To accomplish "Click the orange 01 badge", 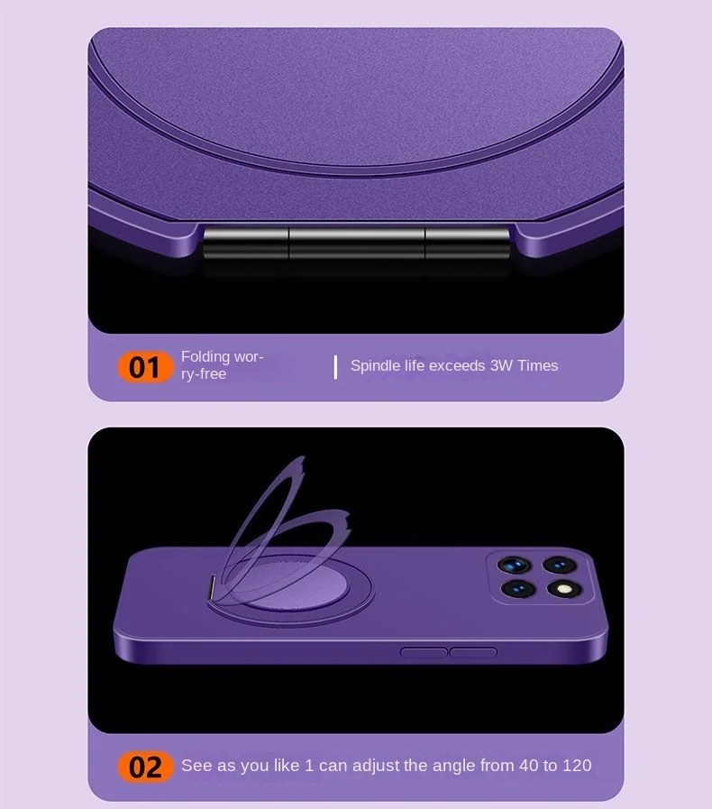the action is [x=145, y=367].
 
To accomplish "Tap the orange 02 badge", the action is [x=145, y=767].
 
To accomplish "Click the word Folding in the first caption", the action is [x=205, y=357].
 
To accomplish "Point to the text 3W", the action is [x=501, y=365].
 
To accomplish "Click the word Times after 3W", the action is [x=538, y=365].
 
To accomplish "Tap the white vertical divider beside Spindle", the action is [x=335, y=367].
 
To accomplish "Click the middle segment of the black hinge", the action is [x=357, y=243].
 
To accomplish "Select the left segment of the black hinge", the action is [x=245, y=243].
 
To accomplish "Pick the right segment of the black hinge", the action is [x=468, y=243].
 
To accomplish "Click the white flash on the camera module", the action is [x=564, y=589].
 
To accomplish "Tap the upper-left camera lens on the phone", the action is [x=514, y=565].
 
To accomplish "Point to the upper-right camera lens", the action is [x=560, y=565].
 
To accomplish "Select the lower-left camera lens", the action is [x=517, y=589].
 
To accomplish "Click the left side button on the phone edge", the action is [x=424, y=653].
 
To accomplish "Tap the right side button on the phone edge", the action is [x=473, y=653].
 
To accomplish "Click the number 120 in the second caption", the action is [x=577, y=765].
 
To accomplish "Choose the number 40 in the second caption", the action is [x=528, y=765].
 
